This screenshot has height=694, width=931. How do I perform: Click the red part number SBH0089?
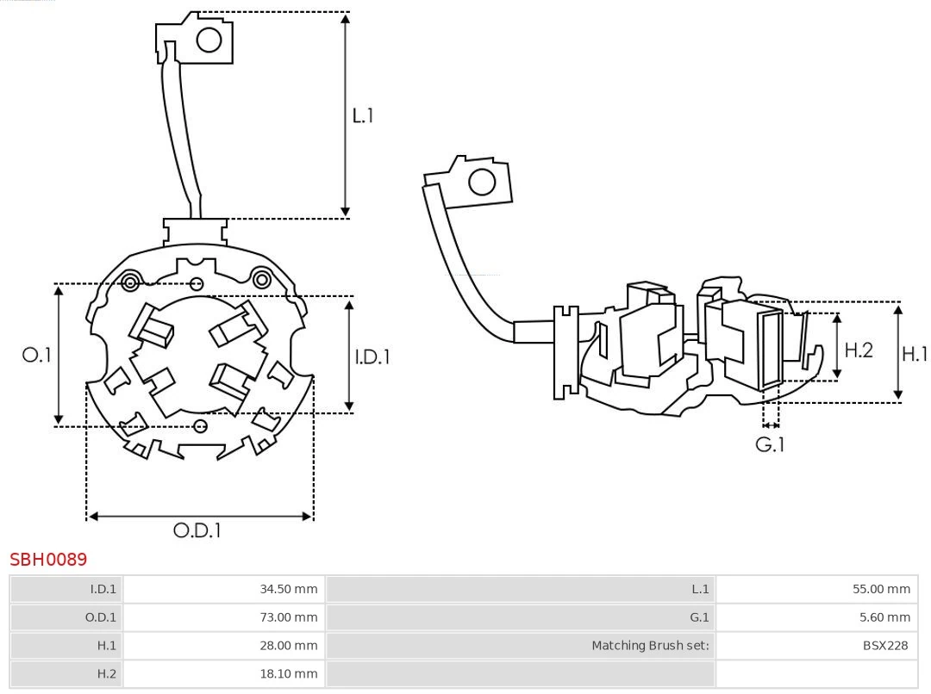(x=48, y=560)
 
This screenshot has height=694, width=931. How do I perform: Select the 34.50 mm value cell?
(x=289, y=589)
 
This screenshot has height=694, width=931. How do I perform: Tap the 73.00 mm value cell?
(x=289, y=617)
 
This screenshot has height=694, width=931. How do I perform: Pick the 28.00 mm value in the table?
(x=289, y=645)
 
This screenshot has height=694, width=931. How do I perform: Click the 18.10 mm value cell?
(x=289, y=673)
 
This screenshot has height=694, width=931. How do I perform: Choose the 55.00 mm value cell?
(x=881, y=589)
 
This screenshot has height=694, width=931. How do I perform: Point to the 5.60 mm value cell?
(x=884, y=617)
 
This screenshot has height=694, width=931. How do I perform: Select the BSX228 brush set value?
(x=884, y=645)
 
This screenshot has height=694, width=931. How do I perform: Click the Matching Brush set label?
(x=650, y=645)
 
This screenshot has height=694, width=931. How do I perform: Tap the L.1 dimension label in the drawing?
(x=363, y=115)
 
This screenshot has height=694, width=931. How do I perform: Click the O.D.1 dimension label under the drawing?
(x=197, y=530)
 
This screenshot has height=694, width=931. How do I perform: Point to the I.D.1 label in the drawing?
(x=372, y=356)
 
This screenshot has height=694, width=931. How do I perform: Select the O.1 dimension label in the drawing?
(x=37, y=355)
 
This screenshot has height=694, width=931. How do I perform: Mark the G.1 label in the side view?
(x=770, y=444)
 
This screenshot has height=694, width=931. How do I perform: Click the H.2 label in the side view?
(x=859, y=350)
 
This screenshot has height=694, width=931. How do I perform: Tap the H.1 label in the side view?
(x=915, y=353)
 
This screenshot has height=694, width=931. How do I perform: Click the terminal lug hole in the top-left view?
(x=209, y=40)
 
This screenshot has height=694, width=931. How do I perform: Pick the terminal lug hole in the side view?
(x=481, y=183)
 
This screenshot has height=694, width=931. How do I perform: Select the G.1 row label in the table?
(x=698, y=617)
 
